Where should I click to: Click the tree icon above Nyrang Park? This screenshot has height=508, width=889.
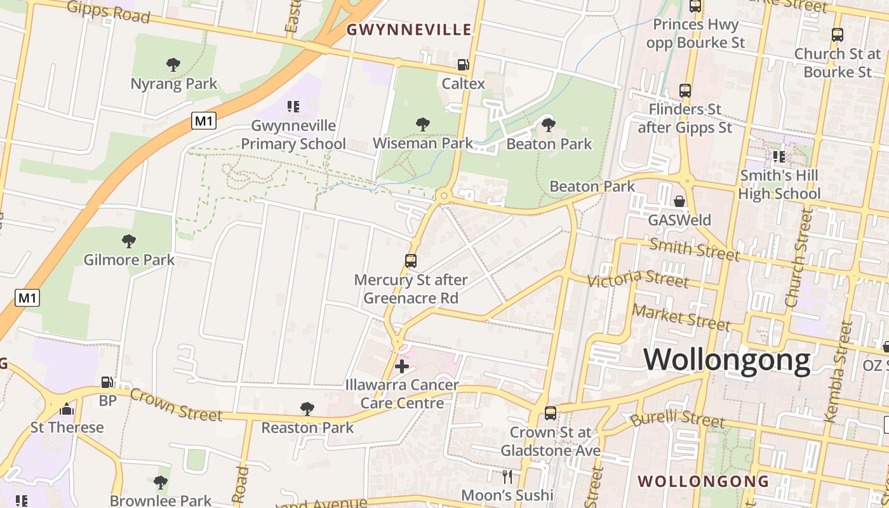(x=173, y=64)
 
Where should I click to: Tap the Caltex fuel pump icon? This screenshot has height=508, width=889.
(x=464, y=64)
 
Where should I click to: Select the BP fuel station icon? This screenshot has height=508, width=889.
(x=107, y=382)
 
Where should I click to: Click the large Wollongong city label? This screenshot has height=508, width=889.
(x=727, y=360)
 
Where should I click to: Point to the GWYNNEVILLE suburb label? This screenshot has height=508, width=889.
(x=410, y=30)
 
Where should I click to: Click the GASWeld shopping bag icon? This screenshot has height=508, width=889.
(x=679, y=201)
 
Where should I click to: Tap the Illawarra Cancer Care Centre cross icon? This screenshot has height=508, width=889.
(x=401, y=366)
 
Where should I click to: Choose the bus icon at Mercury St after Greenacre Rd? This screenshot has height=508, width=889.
(x=411, y=260)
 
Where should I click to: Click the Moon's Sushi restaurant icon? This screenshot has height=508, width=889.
(x=507, y=476)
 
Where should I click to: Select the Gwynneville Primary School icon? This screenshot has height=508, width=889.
(x=293, y=106)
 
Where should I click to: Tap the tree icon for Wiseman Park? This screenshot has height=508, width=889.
(x=422, y=124)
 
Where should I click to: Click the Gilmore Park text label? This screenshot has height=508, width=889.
(x=130, y=260)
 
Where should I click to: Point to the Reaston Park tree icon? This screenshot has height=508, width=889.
(x=307, y=408)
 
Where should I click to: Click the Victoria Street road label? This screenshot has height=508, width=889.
(x=638, y=278)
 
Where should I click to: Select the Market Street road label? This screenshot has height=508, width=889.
(x=682, y=317)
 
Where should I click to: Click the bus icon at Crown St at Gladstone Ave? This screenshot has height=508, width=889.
(x=551, y=413)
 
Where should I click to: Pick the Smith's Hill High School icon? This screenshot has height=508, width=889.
(x=779, y=156)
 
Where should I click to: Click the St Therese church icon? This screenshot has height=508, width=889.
(x=67, y=408)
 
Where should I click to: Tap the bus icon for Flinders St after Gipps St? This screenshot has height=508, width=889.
(x=685, y=91)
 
